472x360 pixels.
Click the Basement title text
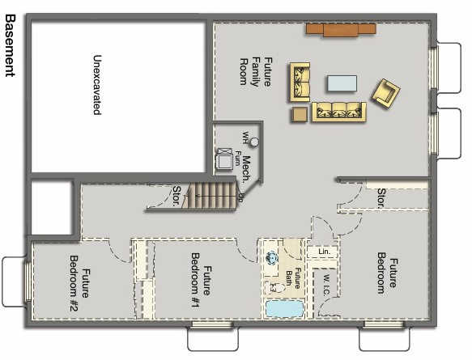point(10,44)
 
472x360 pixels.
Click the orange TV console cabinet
point(340,30)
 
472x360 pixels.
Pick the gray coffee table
point(342,83)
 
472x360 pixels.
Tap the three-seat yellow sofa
point(339,112)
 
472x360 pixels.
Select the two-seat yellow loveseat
point(301,83)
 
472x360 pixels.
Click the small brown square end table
point(300,114)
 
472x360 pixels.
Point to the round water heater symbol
point(254,142)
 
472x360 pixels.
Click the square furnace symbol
point(224,159)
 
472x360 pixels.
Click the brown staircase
point(210,197)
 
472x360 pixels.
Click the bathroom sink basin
point(273,257)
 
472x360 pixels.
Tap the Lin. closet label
point(323,252)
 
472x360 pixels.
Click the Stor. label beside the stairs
point(177,195)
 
